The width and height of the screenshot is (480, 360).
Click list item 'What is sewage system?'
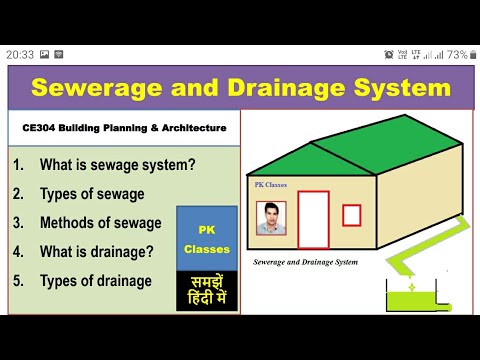click(x=102, y=164)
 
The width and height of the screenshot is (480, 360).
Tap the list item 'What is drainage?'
click(x=95, y=251)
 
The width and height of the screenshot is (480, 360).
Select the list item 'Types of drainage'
click(x=95, y=281)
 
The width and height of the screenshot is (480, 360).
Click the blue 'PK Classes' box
click(x=206, y=238)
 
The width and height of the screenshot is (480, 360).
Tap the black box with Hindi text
click(x=206, y=290)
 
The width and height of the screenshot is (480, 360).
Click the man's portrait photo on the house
click(x=270, y=217)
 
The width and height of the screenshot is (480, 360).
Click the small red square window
click(x=351, y=214)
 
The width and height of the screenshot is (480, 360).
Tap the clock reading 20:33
click(x=20, y=54)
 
